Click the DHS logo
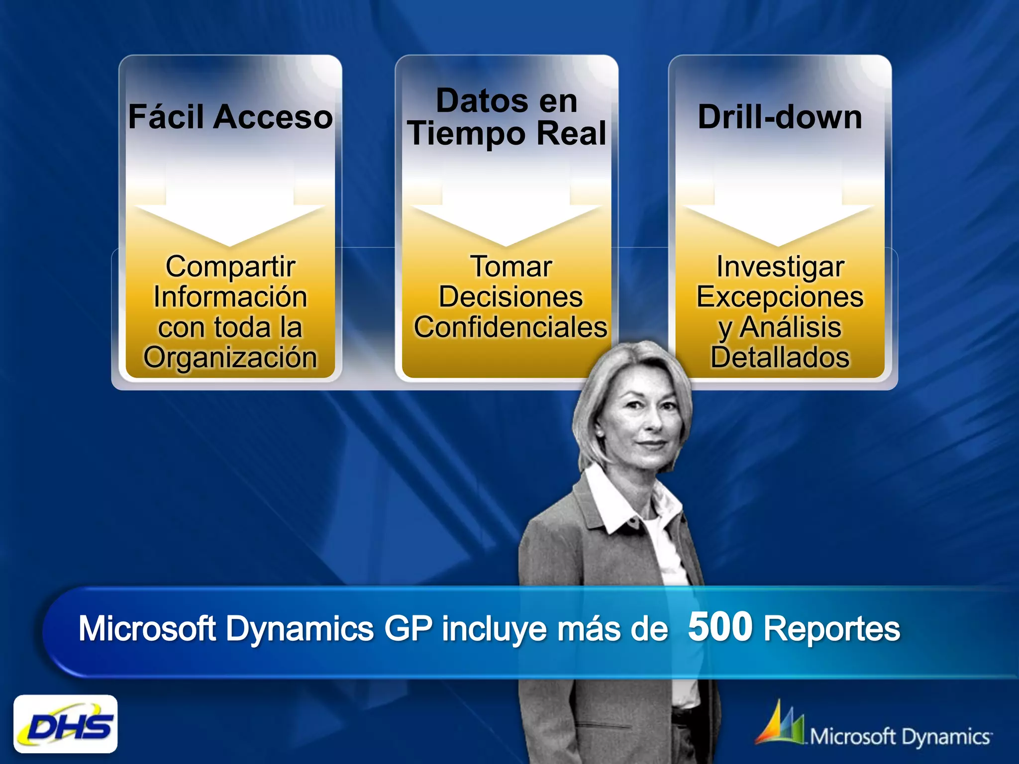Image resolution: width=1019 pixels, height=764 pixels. pos(66,724)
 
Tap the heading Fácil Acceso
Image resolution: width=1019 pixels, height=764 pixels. pos(230,117)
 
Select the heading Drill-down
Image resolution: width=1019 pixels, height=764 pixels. pos(780,117)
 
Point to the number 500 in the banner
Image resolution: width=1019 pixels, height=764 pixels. pos(720,627)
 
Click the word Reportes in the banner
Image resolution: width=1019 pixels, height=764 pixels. pos(831,629)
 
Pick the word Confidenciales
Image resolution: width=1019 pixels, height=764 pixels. pos(510,327)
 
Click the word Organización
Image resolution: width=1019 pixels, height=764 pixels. pos(230,357)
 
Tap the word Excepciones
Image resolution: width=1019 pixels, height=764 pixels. pos(780,297)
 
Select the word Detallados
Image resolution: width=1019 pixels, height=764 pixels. pos(780,357)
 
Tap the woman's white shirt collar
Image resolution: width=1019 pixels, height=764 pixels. pos(632,502)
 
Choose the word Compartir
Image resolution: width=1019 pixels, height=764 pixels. pos(230,267)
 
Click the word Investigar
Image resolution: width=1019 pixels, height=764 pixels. pos(780,267)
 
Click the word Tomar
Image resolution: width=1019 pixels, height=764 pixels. pos(510,267)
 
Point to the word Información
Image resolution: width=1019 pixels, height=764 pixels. pos(230,297)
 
